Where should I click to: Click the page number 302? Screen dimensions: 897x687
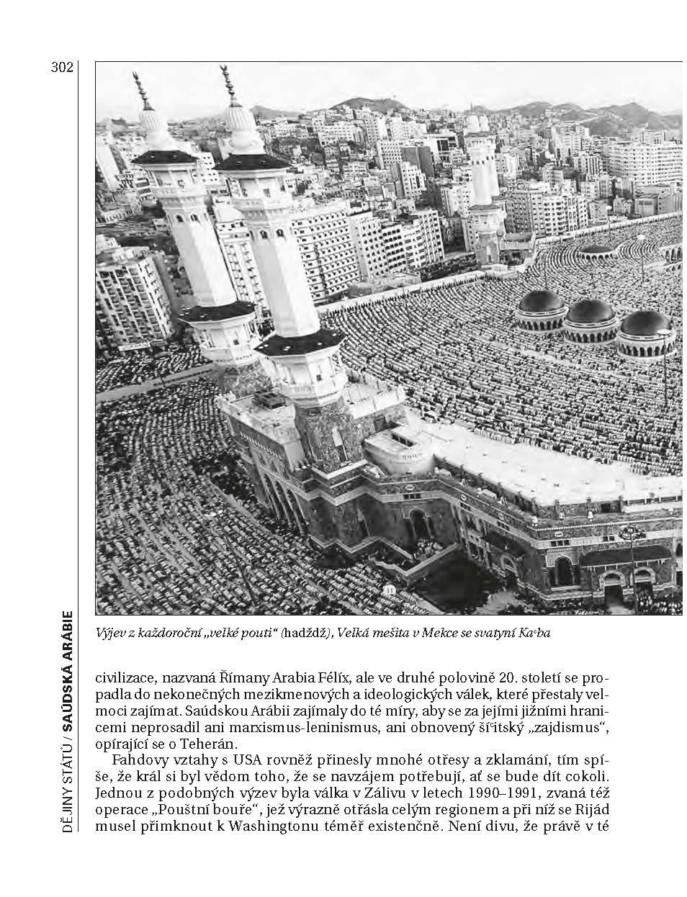pyautogui.click(x=63, y=68)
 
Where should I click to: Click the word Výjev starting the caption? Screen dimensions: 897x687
pyautogui.click(x=110, y=634)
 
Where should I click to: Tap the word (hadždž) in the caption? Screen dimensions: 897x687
pyautogui.click(x=307, y=634)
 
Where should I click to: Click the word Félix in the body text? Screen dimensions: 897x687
pyautogui.click(x=333, y=677)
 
